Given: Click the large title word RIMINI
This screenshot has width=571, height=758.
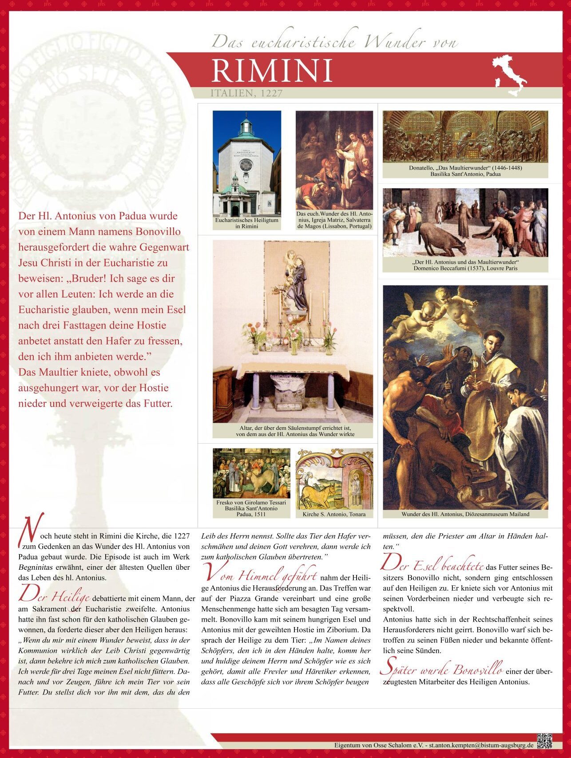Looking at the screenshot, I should point(272,71).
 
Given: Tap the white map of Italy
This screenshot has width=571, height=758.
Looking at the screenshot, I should point(509,74).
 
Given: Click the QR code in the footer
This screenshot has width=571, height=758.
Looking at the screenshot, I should point(544,741).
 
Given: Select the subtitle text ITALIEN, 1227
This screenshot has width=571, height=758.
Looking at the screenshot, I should point(246,93).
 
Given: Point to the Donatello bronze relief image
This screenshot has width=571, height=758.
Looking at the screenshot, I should point(465,137).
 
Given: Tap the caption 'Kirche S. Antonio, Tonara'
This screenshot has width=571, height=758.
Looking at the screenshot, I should point(334,514).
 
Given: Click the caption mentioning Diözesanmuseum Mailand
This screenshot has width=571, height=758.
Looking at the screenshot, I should point(465,514).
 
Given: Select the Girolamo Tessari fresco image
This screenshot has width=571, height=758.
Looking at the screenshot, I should point(251,473).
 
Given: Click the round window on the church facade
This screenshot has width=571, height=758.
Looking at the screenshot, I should point(246,166).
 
